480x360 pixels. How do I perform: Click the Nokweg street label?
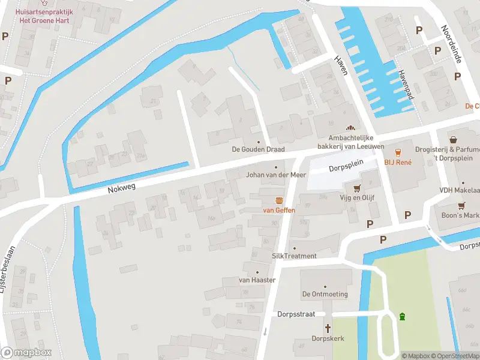tap(122, 188)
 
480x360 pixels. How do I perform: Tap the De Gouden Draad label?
tap(258, 149)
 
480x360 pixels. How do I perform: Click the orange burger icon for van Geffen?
tap(279, 200)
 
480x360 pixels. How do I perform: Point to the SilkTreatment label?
tap(294, 256)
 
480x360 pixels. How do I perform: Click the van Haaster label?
tap(257, 280)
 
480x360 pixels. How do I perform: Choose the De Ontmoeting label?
tap(325, 295)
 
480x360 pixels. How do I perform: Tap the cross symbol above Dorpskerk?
tap(328, 328)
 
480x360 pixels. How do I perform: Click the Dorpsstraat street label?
tap(301, 314)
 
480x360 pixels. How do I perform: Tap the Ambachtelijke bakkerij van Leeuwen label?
tap(350, 142)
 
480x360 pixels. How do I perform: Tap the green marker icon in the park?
tap(402, 316)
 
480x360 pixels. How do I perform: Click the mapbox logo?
tap(26, 353)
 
